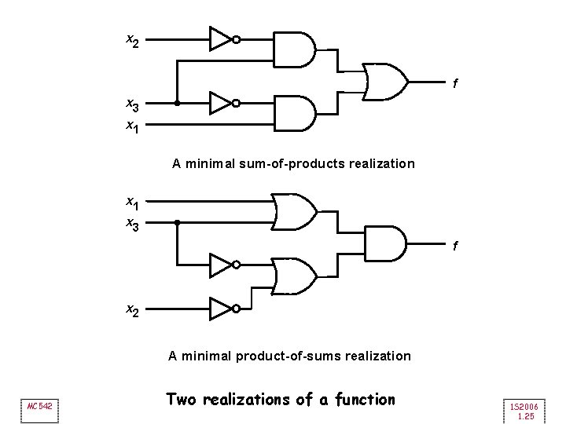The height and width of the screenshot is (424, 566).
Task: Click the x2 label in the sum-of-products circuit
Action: click(x=132, y=39)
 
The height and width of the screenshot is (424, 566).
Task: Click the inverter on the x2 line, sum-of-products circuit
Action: click(x=222, y=38)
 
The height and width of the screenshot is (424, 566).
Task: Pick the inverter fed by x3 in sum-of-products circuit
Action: click(x=222, y=103)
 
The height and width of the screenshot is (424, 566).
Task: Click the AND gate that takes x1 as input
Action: click(x=293, y=113)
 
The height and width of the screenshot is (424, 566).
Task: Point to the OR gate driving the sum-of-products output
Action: click(x=386, y=82)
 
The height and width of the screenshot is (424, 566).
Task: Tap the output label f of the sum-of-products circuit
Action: click(x=454, y=83)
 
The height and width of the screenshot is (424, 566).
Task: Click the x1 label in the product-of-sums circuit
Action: click(x=132, y=204)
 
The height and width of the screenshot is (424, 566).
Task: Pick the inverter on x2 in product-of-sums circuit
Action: click(x=222, y=309)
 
